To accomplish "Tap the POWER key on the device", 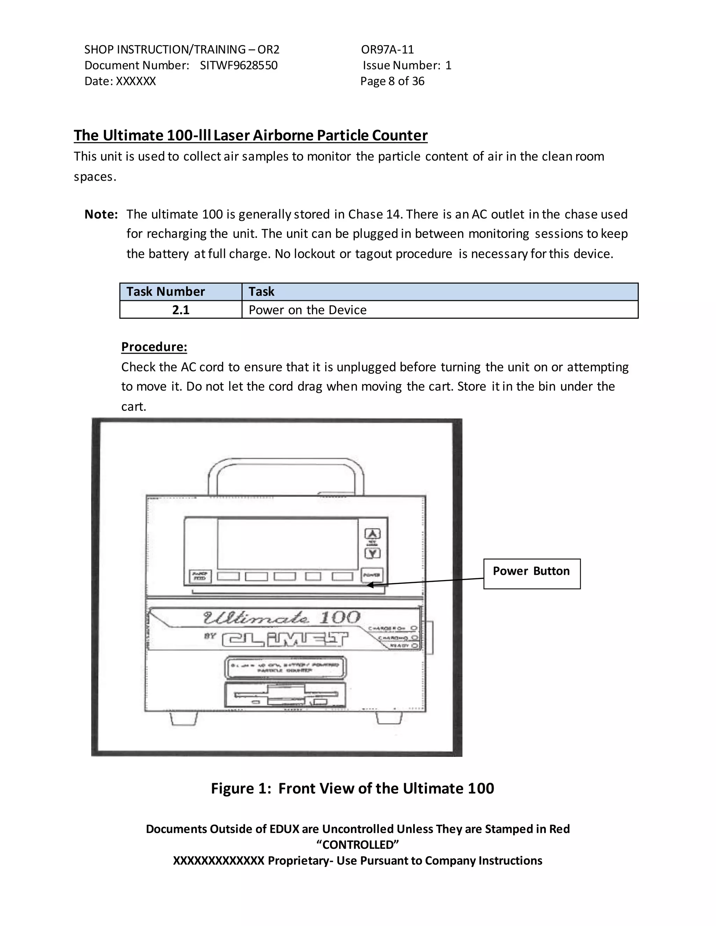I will [x=372, y=576].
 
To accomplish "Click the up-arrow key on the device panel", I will [x=372, y=534].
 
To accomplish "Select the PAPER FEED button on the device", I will [x=199, y=576].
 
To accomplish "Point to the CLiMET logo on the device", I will [x=285, y=639].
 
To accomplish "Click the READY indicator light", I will [x=414, y=646].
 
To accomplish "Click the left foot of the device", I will [x=184, y=719].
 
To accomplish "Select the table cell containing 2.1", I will [x=181, y=310].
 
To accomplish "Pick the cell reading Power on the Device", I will [x=308, y=310].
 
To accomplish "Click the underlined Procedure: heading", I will [x=154, y=347].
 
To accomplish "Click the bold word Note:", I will [x=101, y=214].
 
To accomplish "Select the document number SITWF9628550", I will [x=238, y=65].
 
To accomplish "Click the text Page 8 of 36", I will [x=392, y=81].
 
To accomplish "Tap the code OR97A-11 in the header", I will [x=387, y=50].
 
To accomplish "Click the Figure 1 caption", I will [x=352, y=788].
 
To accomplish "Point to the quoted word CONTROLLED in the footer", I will [x=358, y=845].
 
